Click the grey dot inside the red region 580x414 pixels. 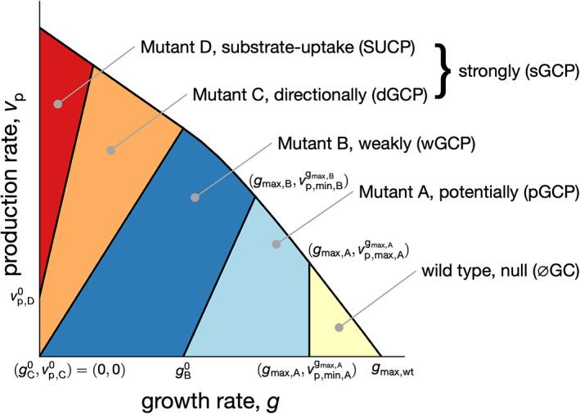[57, 104]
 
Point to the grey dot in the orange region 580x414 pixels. [110, 151]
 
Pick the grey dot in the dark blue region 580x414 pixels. [196, 196]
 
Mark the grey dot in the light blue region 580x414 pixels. [276, 243]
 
